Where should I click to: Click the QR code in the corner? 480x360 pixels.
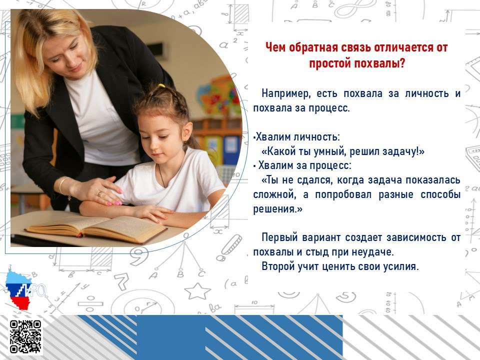click(25, 336)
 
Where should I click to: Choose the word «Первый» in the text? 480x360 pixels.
click(279, 237)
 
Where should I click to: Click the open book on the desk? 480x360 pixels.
click(96, 228)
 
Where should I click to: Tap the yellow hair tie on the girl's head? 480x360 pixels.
click(161, 86)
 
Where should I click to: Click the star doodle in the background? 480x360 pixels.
click(197, 291)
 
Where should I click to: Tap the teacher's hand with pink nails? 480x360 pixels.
click(98, 191)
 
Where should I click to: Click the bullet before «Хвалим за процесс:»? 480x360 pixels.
click(254, 166)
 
